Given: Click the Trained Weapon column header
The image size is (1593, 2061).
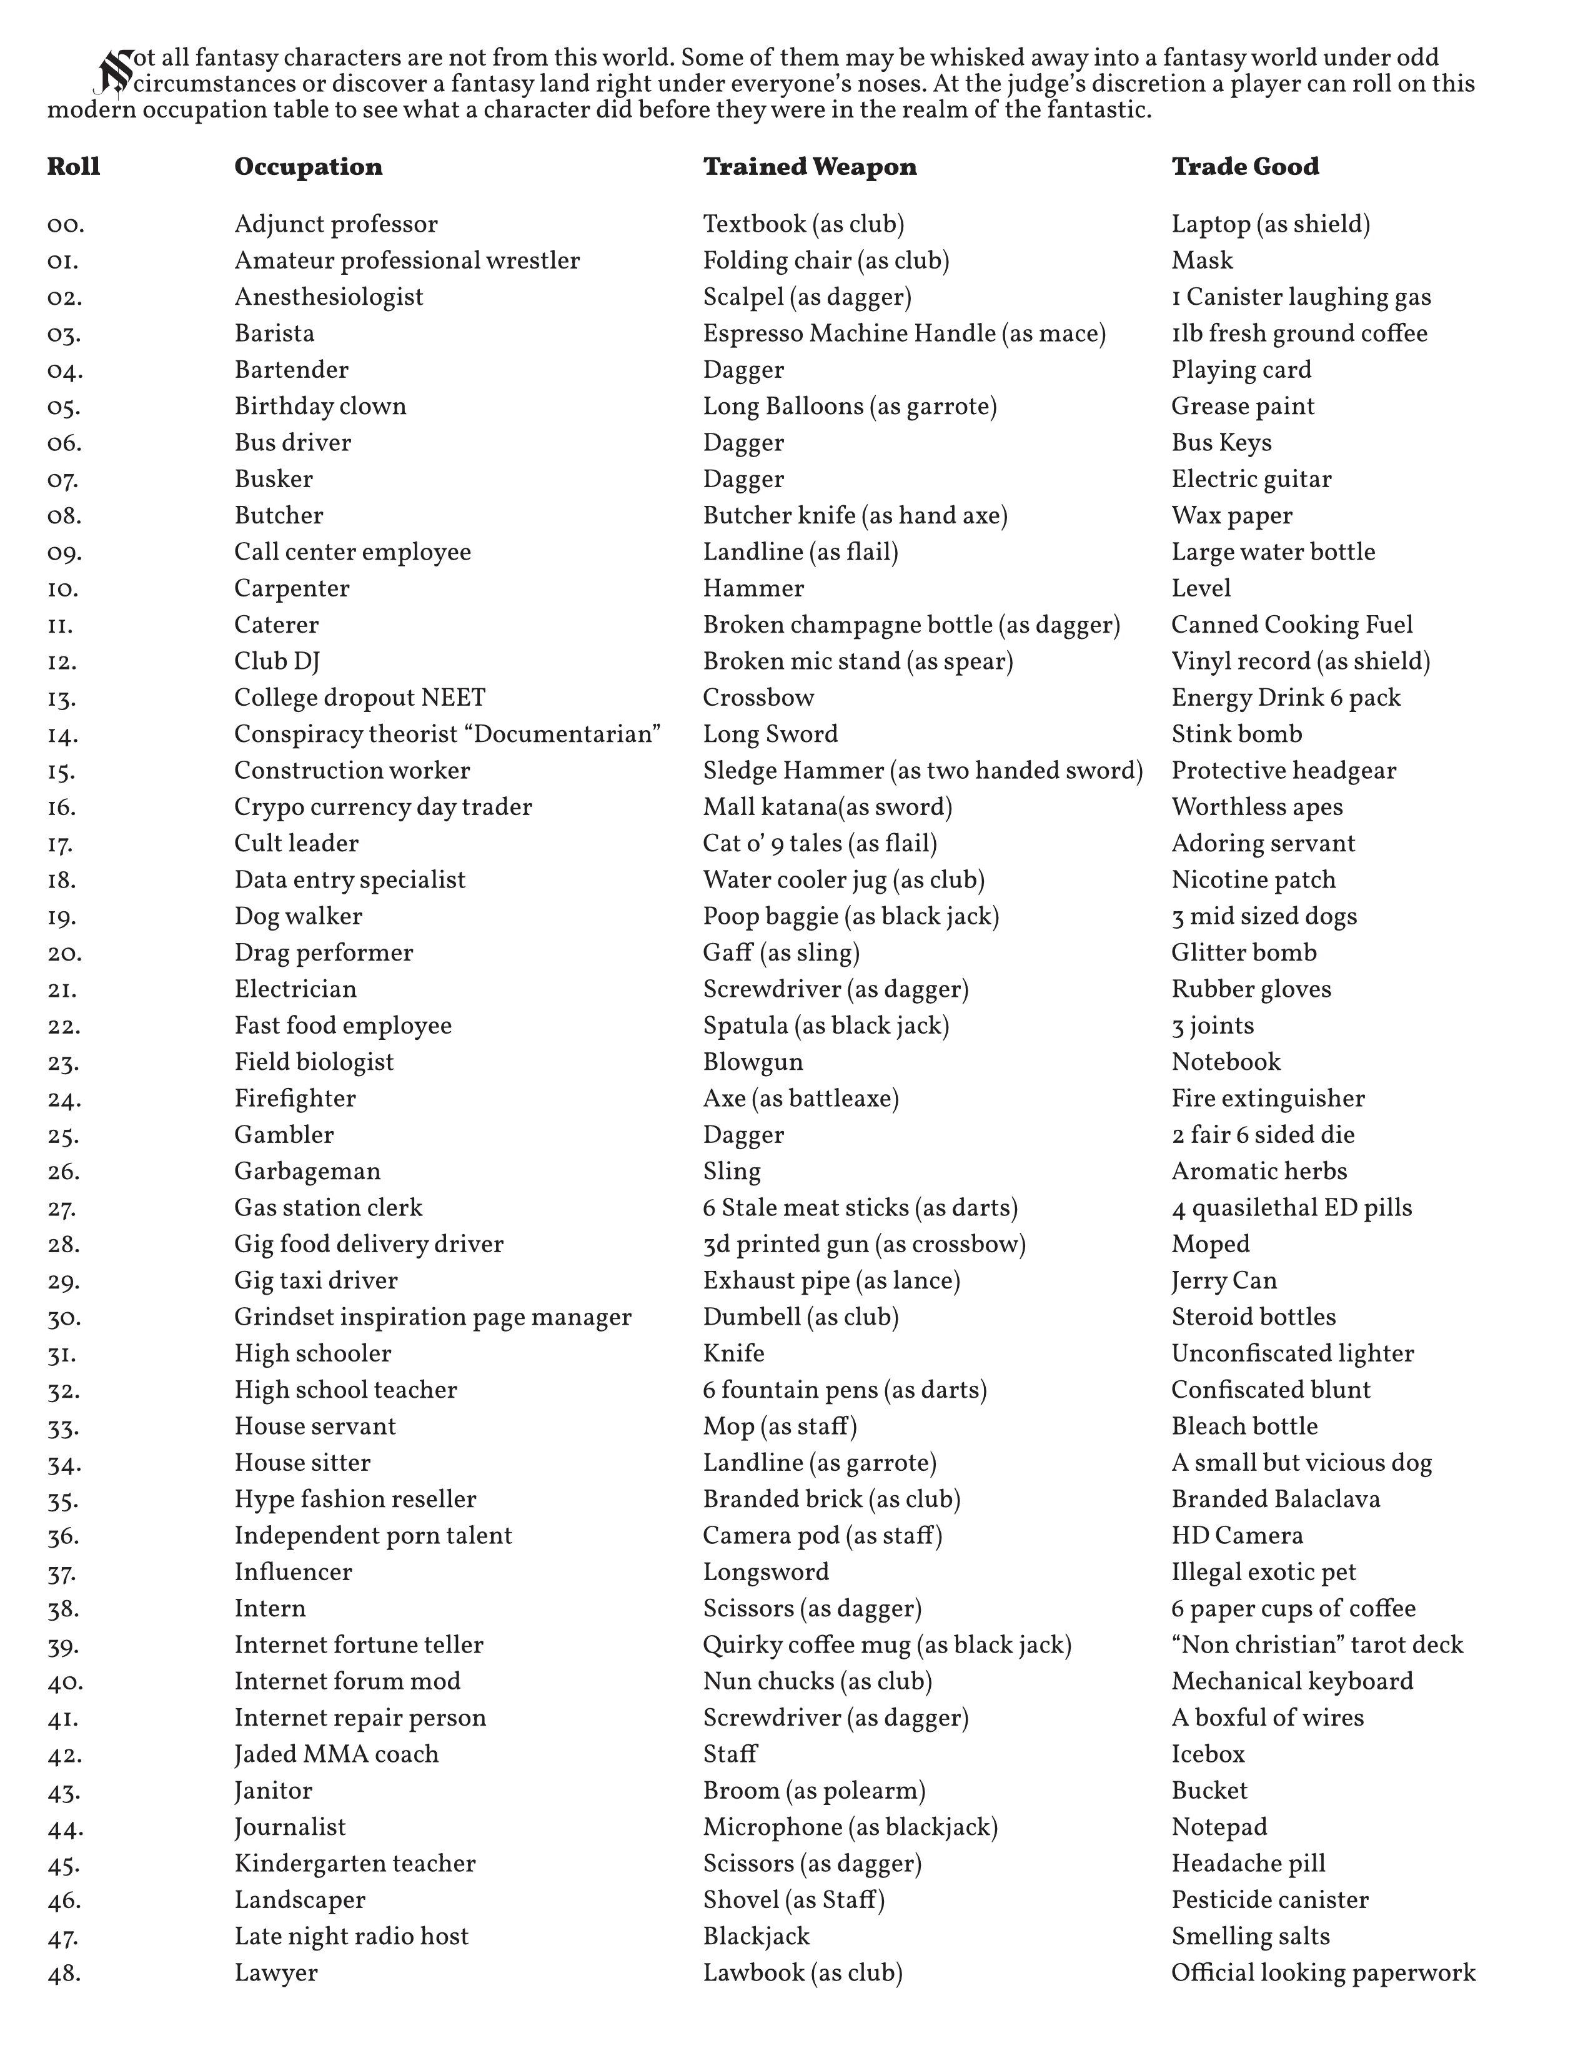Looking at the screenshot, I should [x=809, y=167].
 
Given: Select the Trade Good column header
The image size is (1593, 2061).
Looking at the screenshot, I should [x=1245, y=167].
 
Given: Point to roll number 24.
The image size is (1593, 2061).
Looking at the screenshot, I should [x=64, y=1099].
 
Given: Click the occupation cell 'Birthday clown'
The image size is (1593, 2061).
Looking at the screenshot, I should [x=320, y=407].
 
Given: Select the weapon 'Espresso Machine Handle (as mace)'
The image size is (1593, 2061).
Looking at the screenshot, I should [x=903, y=334].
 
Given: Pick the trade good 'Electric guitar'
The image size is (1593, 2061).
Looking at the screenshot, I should [x=1251, y=480].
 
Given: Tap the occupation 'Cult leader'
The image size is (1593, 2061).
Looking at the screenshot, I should [x=296, y=844].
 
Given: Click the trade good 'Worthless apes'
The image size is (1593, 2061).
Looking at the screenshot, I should [x=1256, y=807].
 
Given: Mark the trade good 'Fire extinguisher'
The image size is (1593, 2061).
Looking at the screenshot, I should [x=1268, y=1099].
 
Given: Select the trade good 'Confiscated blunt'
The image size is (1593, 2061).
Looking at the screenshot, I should [x=1270, y=1390].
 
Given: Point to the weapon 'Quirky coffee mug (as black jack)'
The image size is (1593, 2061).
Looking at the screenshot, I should [x=886, y=1645].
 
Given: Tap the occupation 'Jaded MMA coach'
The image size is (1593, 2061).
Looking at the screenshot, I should [x=336, y=1754].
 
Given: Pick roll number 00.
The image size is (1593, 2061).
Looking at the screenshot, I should [x=65, y=225].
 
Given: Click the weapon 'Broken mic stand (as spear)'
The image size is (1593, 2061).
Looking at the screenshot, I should [x=857, y=661].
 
